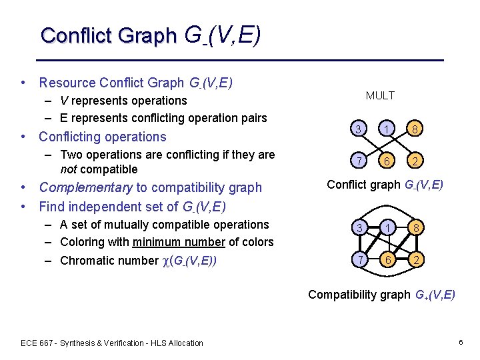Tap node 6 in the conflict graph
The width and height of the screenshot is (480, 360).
tap(387, 161)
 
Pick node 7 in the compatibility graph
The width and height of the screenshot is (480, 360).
tap(359, 259)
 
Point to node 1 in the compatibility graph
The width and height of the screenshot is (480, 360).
tap(387, 227)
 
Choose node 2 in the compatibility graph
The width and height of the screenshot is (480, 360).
tap(415, 259)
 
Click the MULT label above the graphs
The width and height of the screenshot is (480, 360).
tap(380, 96)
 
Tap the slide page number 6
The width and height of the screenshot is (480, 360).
tap(460, 342)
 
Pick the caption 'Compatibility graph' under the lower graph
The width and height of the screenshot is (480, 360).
tap(359, 294)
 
